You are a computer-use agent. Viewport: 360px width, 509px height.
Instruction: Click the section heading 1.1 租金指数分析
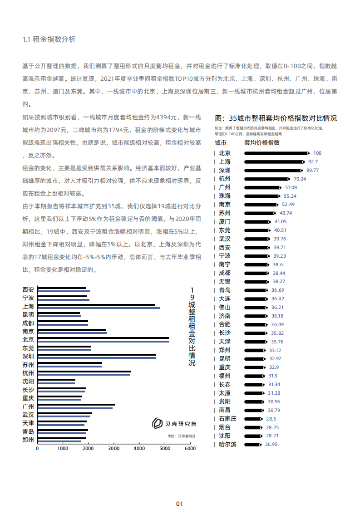(x=49, y=39)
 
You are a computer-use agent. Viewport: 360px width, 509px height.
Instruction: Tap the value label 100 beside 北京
(x=317, y=153)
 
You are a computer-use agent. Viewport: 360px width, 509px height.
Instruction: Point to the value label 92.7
(x=313, y=162)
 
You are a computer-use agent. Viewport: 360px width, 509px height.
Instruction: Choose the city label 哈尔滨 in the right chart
(x=227, y=444)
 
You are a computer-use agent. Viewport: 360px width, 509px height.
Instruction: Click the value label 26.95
(x=271, y=444)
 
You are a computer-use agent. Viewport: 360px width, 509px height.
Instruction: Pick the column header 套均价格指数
(x=262, y=142)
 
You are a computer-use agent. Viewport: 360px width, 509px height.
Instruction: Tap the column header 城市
(x=221, y=142)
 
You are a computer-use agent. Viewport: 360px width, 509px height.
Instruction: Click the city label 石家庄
(x=227, y=419)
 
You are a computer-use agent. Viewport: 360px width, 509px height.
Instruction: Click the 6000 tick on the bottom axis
(x=190, y=449)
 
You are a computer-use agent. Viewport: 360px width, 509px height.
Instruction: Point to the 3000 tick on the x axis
(x=113, y=449)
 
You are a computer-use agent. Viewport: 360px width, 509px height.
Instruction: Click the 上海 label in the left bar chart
(x=28, y=307)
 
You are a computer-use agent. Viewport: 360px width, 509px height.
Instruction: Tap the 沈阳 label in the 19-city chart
(x=28, y=381)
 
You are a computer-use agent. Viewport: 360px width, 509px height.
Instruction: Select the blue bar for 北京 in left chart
(x=103, y=341)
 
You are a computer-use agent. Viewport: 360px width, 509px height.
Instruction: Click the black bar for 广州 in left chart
(x=76, y=405)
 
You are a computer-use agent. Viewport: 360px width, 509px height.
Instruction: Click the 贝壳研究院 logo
(x=174, y=424)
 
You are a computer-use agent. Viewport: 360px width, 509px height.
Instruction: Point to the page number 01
(x=179, y=491)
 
